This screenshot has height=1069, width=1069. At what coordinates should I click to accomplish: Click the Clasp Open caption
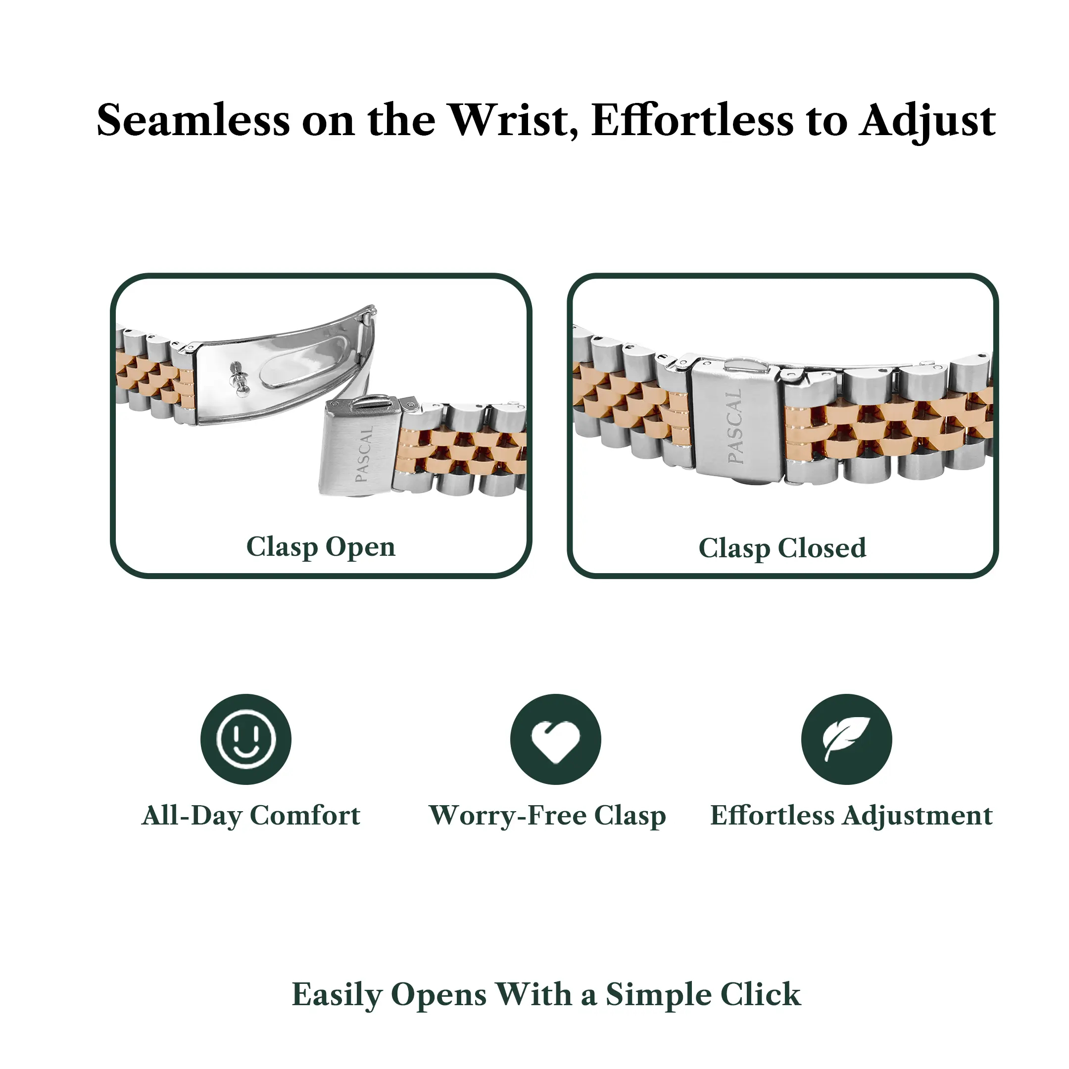[321, 547]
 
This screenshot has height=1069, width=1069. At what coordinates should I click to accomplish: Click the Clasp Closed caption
[782, 548]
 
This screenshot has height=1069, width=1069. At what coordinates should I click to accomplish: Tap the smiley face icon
[245, 739]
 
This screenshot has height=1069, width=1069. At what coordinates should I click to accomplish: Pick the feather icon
[847, 739]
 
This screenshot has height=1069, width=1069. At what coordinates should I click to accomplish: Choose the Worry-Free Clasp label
[548, 816]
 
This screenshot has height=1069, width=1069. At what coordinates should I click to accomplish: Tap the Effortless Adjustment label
[852, 816]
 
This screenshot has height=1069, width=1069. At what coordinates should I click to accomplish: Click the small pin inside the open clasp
[239, 379]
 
